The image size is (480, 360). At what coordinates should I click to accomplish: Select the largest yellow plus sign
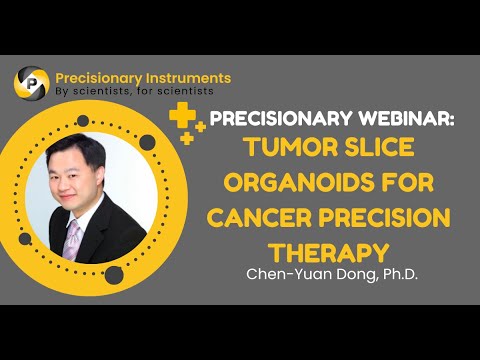(181, 117)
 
